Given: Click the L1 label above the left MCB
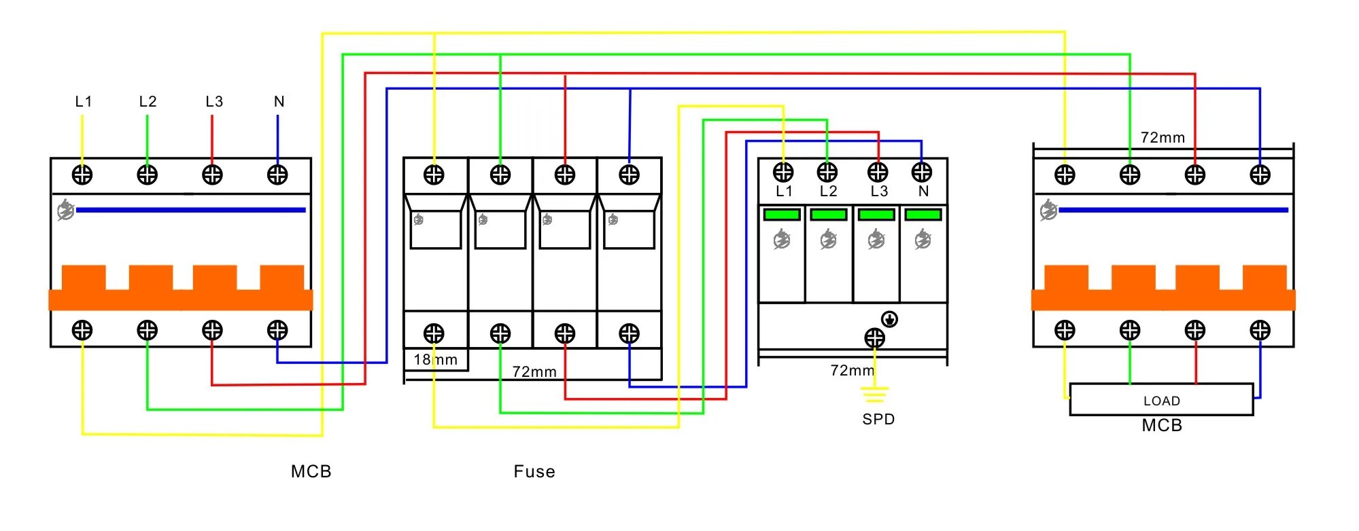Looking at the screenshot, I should pos(83,102).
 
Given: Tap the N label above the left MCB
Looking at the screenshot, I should pos(279,102).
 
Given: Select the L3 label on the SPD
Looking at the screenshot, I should pos(879,191).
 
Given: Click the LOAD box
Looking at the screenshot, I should pos(1161,400).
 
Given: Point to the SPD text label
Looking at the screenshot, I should pos(878,420).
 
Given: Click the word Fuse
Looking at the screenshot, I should pos(534,472).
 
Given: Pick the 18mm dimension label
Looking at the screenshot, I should pos(436,360).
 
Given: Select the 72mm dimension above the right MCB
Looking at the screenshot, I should pos(1163,138).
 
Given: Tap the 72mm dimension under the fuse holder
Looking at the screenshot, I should pos(534,372).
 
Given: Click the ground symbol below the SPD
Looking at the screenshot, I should pos(874,393).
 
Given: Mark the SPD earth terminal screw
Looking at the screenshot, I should pos(874,337).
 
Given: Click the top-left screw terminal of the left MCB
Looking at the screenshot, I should pos(82,175).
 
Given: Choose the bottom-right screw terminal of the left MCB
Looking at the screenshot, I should pos(277,330).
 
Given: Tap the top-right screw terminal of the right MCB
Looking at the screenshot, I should pos(1260,175).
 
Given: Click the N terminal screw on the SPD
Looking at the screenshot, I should pos(922,172).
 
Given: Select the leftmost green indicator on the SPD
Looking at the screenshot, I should pos(782,215).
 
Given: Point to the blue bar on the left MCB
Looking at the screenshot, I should pos(190,210).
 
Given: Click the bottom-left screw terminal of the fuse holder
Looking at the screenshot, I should pos(434,333).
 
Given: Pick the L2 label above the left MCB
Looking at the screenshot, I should pos(148,102).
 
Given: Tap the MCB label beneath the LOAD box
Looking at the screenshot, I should pos(1162,426).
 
